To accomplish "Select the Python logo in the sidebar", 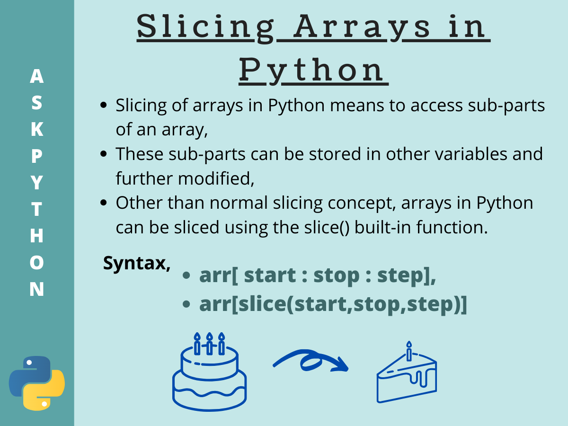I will [x=37, y=383].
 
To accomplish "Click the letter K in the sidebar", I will [x=36, y=129].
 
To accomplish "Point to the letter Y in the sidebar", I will [x=36, y=183].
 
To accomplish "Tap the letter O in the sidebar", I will [x=36, y=263].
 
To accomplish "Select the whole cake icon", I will [x=209, y=374].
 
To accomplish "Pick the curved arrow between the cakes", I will [x=311, y=362].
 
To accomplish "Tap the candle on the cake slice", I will [x=409, y=351].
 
